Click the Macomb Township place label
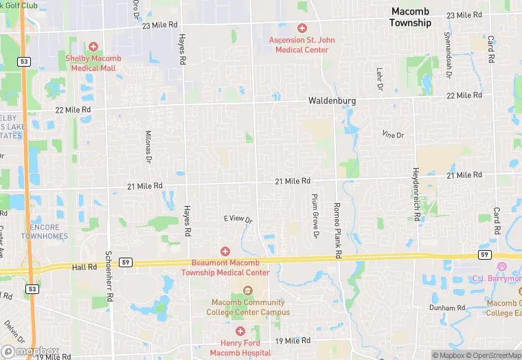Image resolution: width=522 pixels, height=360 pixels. coord(410,17)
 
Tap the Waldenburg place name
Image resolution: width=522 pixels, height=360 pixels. coord(332,100)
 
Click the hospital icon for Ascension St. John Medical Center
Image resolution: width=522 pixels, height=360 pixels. coord(302,28)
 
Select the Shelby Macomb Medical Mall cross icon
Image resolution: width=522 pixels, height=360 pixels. coord(93,47)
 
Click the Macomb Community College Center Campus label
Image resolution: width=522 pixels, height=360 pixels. coord(248,307)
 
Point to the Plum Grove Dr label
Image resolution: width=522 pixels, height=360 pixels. coord(316,216)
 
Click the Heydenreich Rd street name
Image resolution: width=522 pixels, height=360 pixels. coord(416,195)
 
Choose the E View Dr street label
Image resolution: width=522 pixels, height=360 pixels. coord(238,218)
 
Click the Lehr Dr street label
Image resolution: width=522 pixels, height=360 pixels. coord(378,79)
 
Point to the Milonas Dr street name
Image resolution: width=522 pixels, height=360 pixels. coord(148,146)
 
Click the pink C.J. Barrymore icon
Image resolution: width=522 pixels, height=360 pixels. coord(502,267)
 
